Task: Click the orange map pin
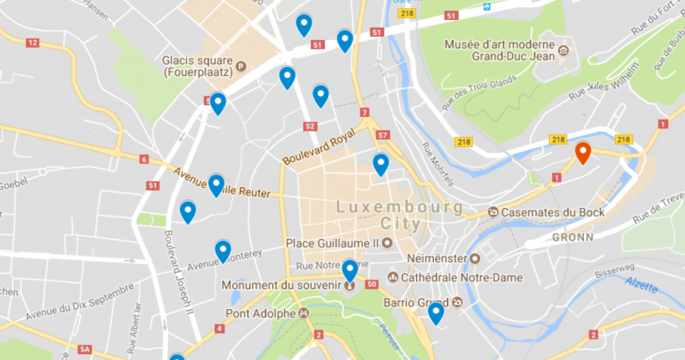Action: (x=583, y=153)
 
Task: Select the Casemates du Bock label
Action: (x=554, y=212)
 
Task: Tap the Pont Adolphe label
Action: (x=260, y=313)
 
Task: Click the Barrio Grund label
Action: (x=415, y=302)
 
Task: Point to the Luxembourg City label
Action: (x=399, y=215)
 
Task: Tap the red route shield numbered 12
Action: (x=32, y=43)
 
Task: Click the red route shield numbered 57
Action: (x=382, y=135)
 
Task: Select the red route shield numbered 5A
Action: (x=85, y=350)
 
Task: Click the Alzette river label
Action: (x=641, y=284)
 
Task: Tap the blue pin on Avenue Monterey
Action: (x=223, y=251)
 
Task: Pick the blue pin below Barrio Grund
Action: (x=435, y=312)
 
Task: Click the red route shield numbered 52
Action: (x=309, y=126)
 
